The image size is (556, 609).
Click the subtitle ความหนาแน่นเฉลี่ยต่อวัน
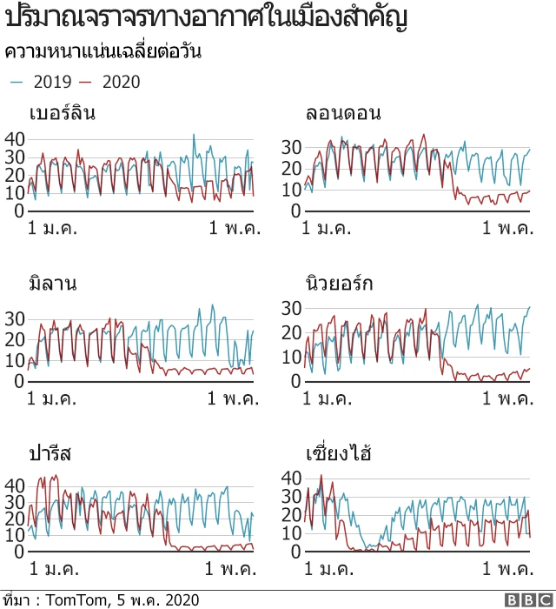[103, 52]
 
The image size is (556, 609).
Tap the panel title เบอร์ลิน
[62, 114]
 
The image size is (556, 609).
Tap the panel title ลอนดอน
[343, 114]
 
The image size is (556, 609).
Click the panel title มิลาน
[53, 284]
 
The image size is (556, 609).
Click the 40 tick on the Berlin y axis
[14, 138]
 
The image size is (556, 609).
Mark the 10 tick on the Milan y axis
[14, 360]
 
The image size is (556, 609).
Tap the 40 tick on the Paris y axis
[14, 484]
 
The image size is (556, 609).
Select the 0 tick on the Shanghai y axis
[295, 551]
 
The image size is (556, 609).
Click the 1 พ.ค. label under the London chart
[509, 228]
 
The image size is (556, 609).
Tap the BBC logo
[526, 599]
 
